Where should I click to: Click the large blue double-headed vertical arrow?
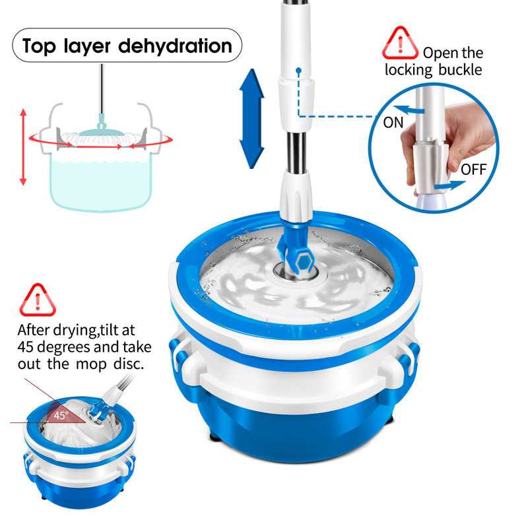[251, 118]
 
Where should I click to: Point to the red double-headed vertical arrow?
[24, 147]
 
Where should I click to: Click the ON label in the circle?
[393, 122]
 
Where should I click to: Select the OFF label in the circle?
[473, 170]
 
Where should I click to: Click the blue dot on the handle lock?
[298, 69]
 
